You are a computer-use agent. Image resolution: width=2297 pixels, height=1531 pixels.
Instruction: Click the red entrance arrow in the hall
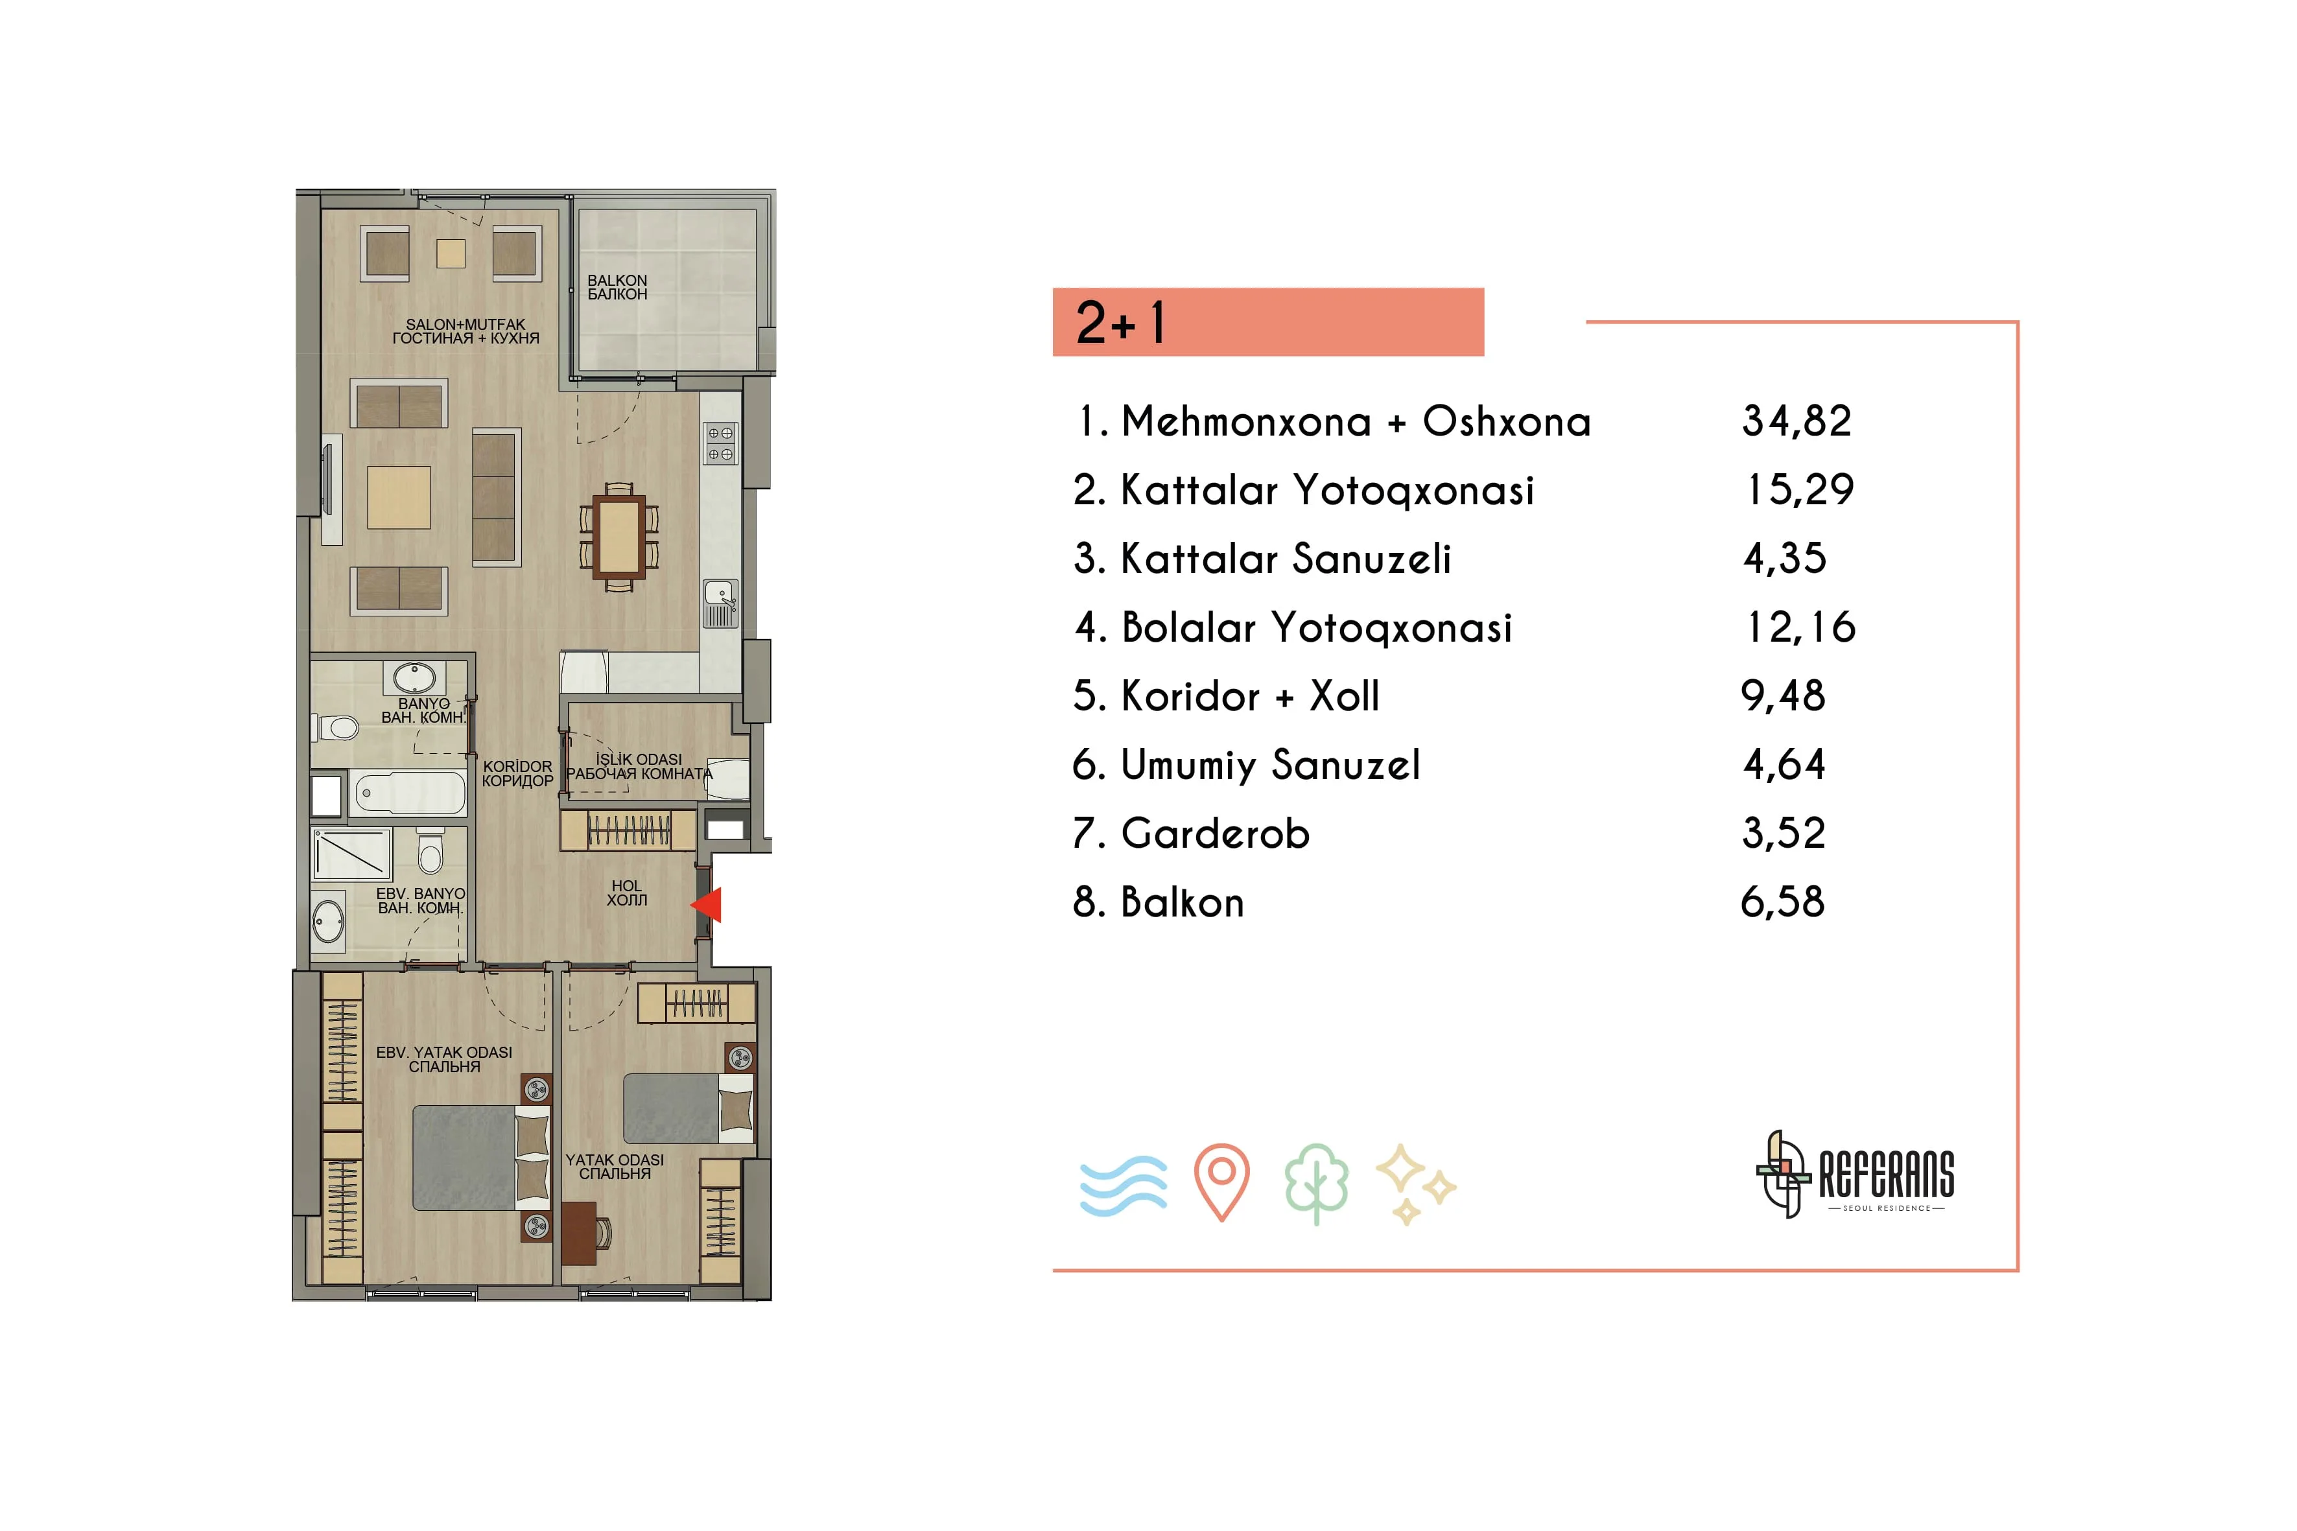707,905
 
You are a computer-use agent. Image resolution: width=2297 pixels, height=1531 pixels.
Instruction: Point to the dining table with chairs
619,537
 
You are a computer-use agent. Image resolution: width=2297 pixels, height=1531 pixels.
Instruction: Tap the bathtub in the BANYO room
408,793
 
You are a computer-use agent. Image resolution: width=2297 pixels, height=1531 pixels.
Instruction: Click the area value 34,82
1797,422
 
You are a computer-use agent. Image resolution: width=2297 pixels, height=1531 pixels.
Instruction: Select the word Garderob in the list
1215,834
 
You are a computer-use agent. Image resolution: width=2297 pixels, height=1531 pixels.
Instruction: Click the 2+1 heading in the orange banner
1120,322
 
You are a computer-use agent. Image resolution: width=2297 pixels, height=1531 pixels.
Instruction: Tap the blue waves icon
1123,1186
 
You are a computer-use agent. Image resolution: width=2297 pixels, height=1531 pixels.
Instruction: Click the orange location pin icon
1221,1182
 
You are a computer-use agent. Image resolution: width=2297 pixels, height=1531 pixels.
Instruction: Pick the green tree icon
1317,1184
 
